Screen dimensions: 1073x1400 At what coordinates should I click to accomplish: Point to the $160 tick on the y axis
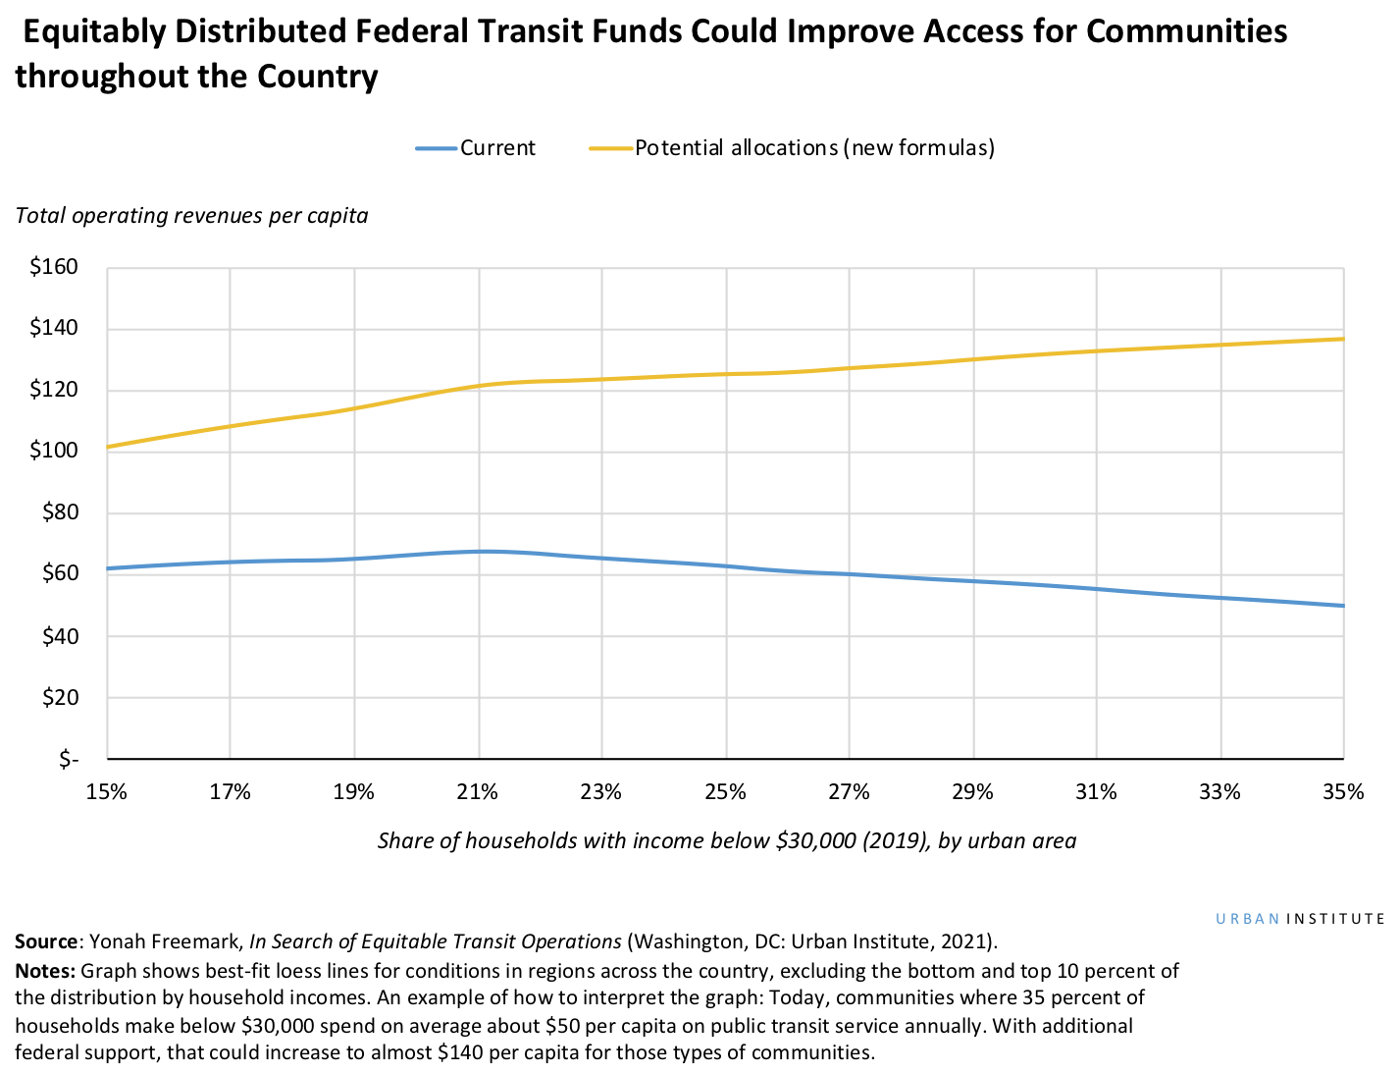(x=55, y=267)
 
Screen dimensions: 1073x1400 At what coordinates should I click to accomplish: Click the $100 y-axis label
(x=55, y=452)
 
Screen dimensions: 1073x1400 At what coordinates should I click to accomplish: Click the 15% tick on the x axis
(x=107, y=791)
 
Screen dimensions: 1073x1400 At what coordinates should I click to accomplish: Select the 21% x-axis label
(x=478, y=791)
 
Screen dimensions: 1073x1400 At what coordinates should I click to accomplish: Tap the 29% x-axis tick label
(x=972, y=791)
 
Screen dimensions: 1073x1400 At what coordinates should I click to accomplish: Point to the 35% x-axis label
(x=1343, y=791)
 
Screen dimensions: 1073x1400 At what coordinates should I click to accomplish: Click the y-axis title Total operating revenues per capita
(x=191, y=215)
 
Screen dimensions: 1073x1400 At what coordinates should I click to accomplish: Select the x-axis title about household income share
(x=726, y=840)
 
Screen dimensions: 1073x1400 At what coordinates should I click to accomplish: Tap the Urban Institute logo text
(x=1300, y=919)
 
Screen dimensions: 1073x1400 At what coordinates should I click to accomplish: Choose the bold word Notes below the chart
(x=45, y=971)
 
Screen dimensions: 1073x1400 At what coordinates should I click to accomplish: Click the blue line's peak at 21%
(x=483, y=551)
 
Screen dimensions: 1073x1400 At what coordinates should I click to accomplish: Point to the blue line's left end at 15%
(x=108, y=568)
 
